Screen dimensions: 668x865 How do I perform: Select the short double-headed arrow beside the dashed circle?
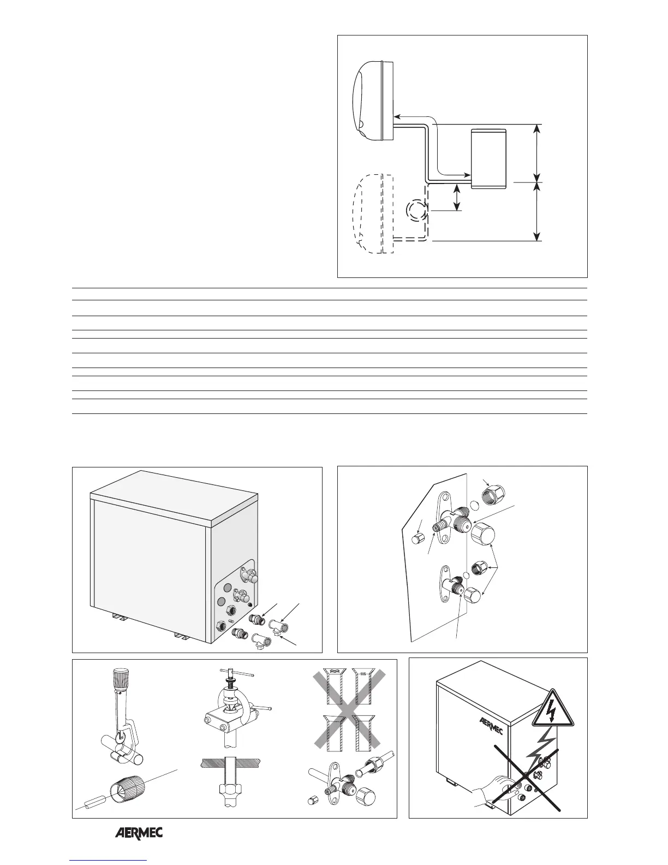pos(457,197)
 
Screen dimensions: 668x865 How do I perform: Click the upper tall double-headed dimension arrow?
pos(538,152)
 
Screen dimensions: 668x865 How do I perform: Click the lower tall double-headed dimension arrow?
pos(538,211)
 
